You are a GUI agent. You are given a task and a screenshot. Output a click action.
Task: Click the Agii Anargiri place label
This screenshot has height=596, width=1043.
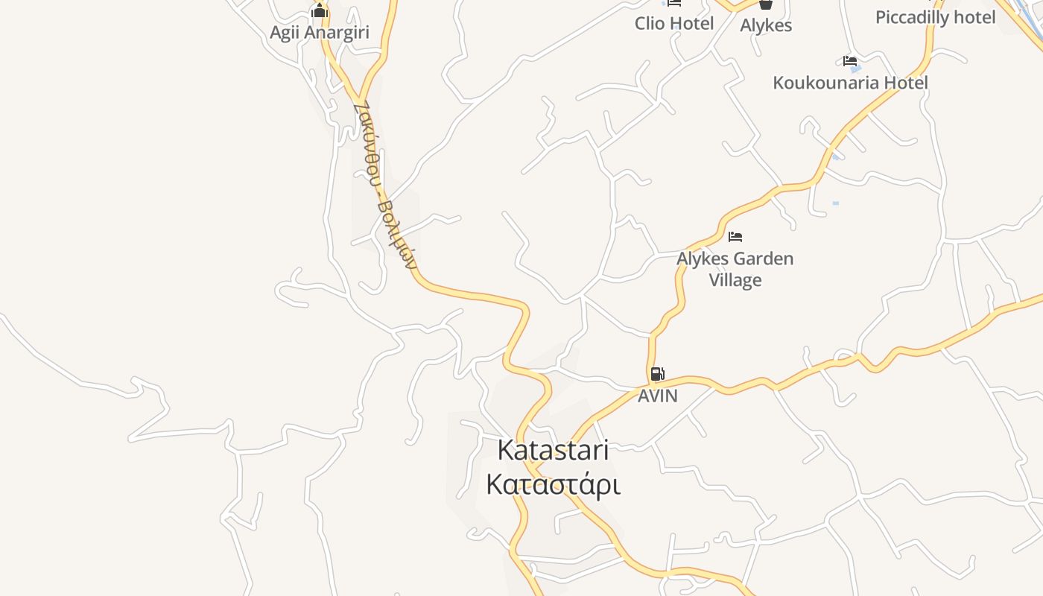(x=320, y=33)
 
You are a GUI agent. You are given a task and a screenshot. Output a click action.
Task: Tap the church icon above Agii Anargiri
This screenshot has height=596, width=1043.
(x=320, y=11)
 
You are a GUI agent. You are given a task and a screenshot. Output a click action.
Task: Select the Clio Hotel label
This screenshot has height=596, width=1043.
(x=674, y=23)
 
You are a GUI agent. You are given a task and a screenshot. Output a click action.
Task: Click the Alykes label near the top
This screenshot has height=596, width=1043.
(x=766, y=25)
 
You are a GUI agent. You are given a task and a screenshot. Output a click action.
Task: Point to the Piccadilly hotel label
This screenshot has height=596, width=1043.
(x=935, y=17)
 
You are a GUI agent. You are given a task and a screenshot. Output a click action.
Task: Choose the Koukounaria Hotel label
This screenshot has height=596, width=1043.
(x=850, y=82)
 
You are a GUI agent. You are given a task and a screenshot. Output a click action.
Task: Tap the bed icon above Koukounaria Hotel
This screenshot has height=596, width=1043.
(x=850, y=61)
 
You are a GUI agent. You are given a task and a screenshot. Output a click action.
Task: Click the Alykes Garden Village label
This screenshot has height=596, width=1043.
(x=735, y=269)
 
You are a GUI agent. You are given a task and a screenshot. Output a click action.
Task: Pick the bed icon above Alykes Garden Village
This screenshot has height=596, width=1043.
(x=735, y=237)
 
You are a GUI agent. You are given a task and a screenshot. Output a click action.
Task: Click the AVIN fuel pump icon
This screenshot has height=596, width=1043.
(x=657, y=374)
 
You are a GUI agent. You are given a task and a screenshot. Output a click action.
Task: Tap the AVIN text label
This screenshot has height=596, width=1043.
(x=658, y=396)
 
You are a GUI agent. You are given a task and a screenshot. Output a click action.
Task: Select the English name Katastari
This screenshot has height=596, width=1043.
(x=553, y=450)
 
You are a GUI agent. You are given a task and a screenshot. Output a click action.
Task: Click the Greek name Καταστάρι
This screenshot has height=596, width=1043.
(x=553, y=484)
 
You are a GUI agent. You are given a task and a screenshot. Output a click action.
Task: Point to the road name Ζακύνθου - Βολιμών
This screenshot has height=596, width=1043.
(x=384, y=186)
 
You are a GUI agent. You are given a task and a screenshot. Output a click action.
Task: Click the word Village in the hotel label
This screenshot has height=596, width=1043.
(x=735, y=280)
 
